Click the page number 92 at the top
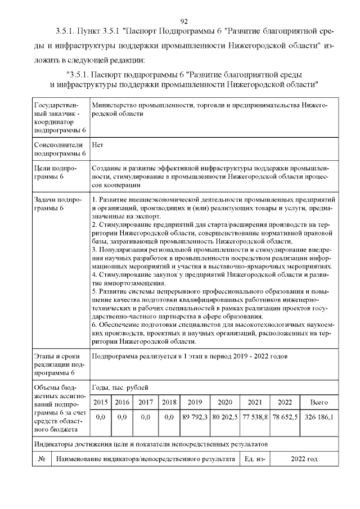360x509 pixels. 183,21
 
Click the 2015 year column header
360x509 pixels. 101,402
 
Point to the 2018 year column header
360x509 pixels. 169,402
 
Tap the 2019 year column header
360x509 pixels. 195,402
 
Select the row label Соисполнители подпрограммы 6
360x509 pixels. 59,148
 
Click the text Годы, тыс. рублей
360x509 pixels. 120,388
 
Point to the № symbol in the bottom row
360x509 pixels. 41,459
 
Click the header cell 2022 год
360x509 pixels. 304,459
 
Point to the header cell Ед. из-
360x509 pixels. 255,459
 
